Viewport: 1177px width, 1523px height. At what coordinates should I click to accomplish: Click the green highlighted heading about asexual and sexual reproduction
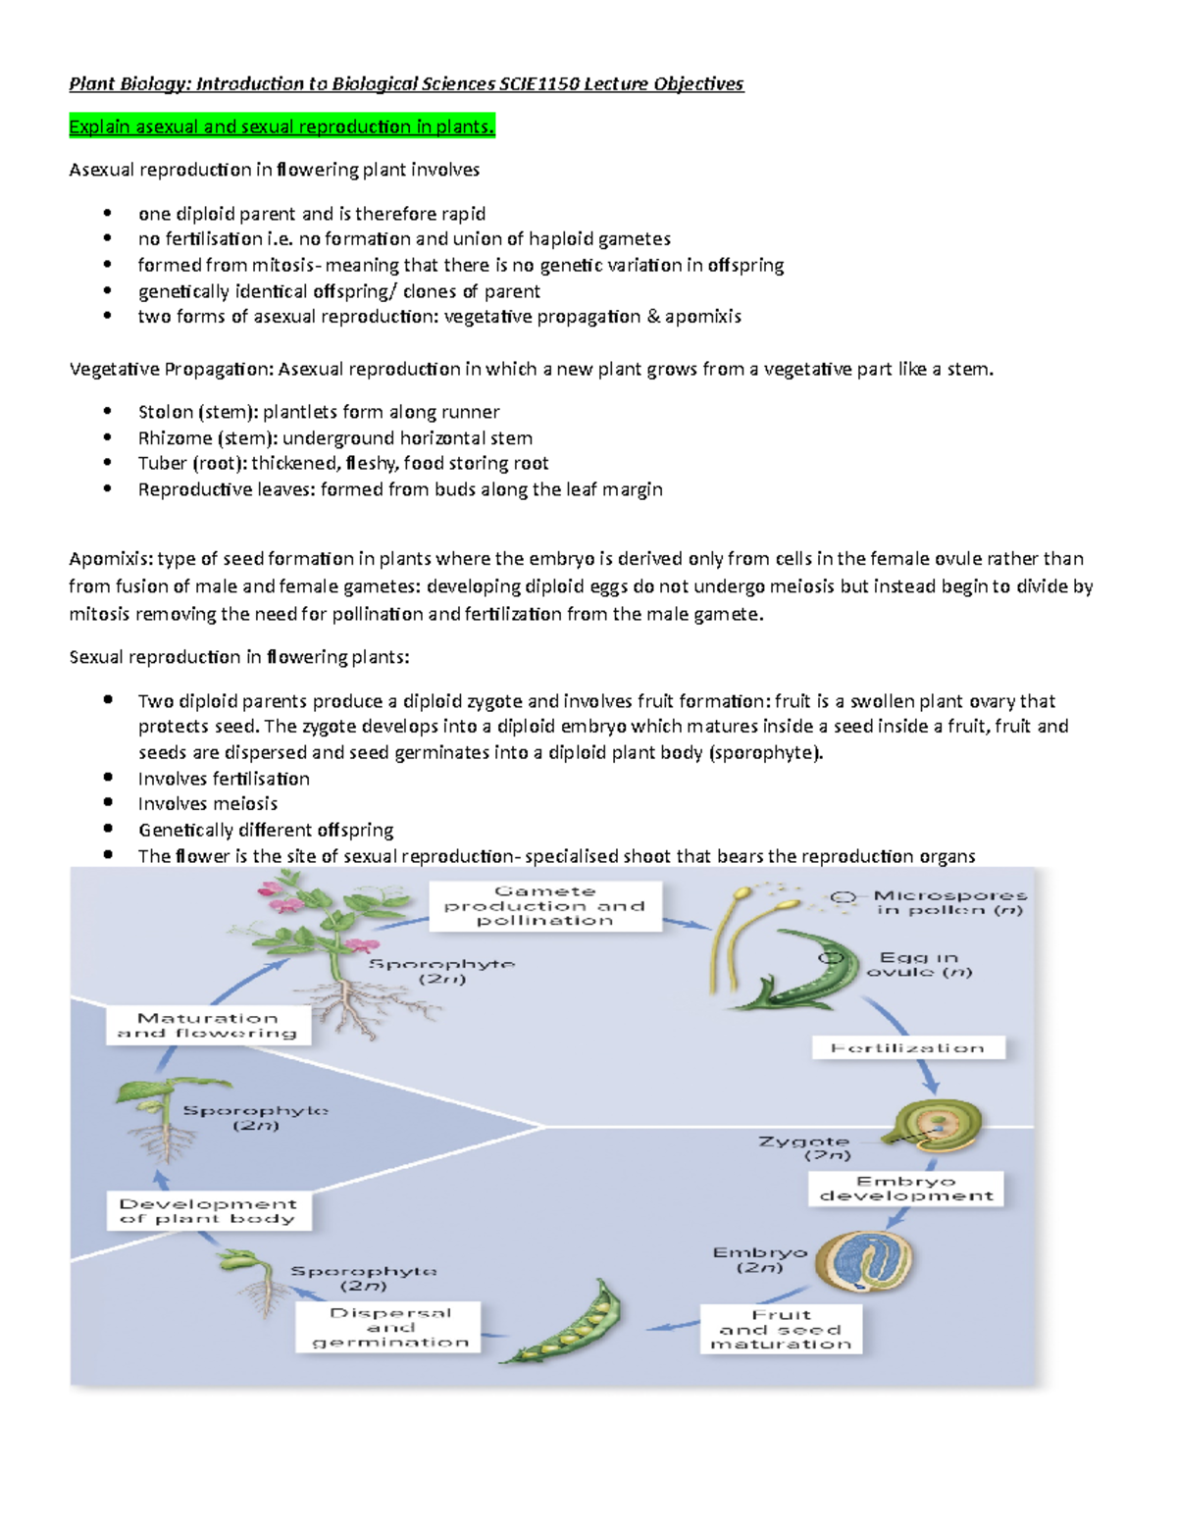click(281, 127)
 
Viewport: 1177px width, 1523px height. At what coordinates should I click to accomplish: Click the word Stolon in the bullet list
click(165, 412)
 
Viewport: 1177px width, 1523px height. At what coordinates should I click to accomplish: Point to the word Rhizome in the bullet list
click(175, 437)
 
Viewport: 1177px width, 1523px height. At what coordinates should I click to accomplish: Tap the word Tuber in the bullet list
click(162, 463)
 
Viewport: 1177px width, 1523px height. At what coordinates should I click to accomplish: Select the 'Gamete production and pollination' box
click(544, 906)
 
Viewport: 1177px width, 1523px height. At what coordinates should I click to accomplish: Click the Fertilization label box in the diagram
click(908, 1048)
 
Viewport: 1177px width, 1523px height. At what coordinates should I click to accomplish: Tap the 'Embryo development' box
click(906, 1189)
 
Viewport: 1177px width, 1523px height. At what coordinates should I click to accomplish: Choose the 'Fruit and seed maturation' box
click(781, 1329)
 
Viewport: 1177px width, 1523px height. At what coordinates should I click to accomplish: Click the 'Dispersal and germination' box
click(389, 1327)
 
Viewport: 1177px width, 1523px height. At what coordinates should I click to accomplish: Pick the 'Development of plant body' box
click(208, 1211)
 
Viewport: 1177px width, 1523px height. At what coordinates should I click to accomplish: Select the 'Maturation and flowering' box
click(208, 1026)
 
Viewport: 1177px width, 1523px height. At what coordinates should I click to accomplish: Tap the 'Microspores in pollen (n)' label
click(949, 902)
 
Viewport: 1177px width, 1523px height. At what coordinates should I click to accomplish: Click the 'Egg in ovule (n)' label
click(919, 964)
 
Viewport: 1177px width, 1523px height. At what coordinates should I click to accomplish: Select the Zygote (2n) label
click(804, 1147)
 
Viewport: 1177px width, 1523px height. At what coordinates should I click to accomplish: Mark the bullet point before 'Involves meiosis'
click(108, 803)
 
